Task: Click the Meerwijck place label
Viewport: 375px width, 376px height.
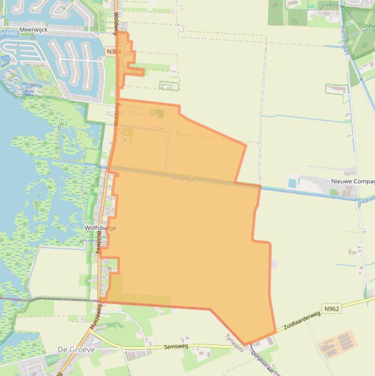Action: pos(33,30)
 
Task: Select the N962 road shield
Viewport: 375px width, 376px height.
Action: pos(331,309)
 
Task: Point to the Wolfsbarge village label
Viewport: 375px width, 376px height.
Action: pos(100,228)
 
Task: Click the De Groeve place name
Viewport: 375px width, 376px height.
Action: pos(76,350)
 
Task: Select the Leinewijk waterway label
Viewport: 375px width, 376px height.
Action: pos(183,179)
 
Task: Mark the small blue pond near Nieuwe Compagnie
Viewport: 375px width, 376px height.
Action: pos(292,183)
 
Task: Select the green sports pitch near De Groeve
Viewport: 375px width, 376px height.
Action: pos(52,359)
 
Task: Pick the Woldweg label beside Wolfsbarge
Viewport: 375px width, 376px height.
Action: pos(99,242)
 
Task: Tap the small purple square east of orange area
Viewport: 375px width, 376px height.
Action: pos(274,264)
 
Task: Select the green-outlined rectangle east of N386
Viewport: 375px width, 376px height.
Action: pos(169,86)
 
